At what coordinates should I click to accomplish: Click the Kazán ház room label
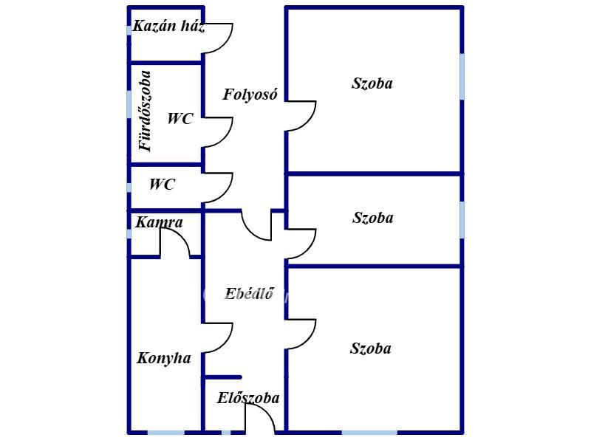click(168, 27)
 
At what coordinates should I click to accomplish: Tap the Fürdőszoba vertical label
click(146, 111)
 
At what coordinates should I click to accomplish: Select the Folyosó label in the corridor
click(250, 95)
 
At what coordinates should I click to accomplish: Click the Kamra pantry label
click(159, 222)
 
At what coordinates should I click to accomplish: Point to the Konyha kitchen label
click(164, 359)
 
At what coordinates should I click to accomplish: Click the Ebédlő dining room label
click(249, 295)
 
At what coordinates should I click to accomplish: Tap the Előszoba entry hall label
click(248, 399)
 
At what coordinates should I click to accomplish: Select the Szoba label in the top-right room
click(372, 83)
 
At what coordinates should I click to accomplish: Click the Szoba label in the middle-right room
click(372, 218)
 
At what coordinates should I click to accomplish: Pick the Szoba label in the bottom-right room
click(371, 348)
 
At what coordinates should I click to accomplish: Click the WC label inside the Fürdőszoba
click(180, 118)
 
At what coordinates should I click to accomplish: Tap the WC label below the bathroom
click(162, 185)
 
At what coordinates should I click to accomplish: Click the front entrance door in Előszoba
click(260, 419)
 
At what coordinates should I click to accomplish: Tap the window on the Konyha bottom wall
click(165, 432)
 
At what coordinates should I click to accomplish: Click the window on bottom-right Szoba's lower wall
click(369, 432)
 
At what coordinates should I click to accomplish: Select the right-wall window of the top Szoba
click(462, 76)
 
